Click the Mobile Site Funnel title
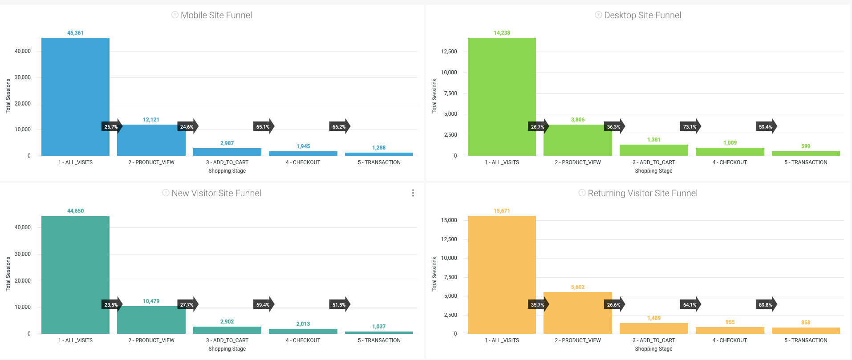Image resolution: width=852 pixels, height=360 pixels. [216, 15]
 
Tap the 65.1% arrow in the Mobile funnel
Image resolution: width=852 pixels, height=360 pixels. [263, 127]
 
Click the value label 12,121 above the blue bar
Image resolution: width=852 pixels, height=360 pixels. [151, 120]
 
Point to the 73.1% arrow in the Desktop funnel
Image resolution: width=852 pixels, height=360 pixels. [690, 127]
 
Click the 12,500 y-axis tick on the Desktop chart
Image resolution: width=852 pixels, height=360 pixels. [449, 52]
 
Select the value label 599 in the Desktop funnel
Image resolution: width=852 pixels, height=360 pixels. [806, 146]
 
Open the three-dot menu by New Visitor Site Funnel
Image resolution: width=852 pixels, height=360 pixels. [413, 193]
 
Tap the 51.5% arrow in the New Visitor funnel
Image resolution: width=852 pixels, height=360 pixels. [339, 305]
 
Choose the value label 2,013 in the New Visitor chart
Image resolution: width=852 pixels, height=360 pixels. [303, 324]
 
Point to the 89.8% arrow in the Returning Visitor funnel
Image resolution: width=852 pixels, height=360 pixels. [766, 305]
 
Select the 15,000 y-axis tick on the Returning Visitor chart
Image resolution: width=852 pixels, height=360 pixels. [449, 220]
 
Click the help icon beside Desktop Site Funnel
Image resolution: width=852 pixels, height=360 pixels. [598, 15]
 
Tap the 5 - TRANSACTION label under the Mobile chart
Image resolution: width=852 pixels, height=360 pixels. [379, 162]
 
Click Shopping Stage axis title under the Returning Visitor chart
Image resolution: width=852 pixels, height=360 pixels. [653, 349]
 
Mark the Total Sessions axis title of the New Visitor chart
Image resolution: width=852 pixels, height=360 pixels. [8, 274]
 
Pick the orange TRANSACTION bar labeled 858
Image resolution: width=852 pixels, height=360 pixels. [806, 331]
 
